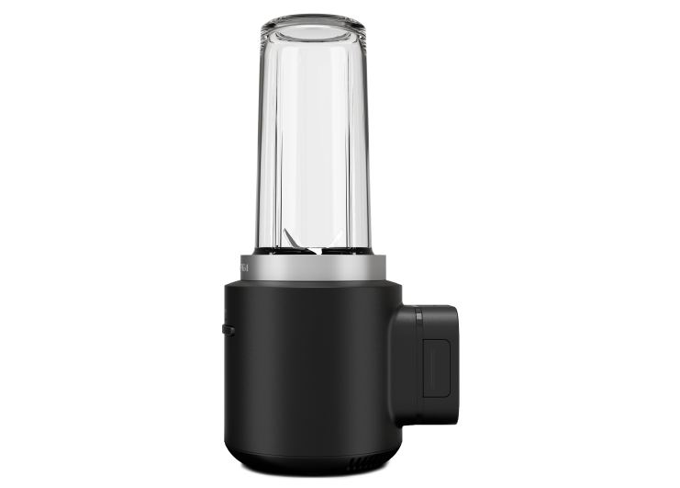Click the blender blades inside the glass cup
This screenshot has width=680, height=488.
(x=313, y=242)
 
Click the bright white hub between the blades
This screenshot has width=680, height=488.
(x=313, y=248)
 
